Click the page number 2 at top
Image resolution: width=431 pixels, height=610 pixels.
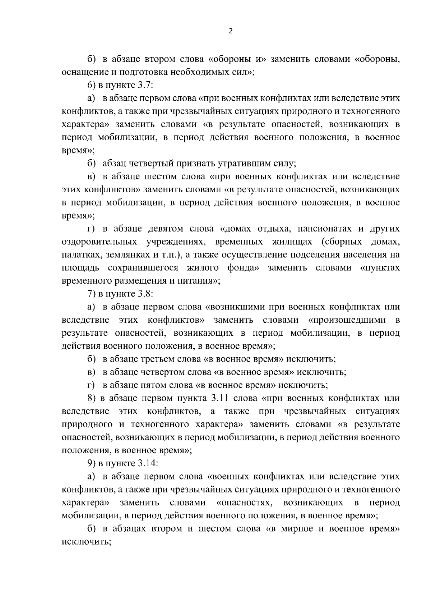click(x=231, y=31)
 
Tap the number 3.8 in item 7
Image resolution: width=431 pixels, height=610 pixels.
click(x=146, y=294)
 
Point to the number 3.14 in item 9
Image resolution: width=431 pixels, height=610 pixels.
click(x=148, y=463)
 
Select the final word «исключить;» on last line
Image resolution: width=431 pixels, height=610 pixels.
click(x=86, y=542)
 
